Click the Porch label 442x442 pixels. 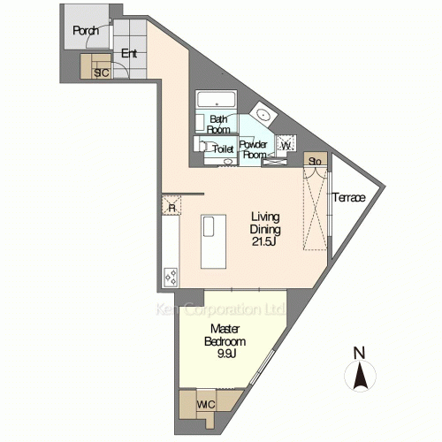click(86, 30)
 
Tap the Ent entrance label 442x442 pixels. click(129, 53)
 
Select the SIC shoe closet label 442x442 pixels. click(102, 72)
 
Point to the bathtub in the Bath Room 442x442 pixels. click(217, 99)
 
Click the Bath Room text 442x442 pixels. click(218, 125)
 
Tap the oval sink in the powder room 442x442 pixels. click(263, 114)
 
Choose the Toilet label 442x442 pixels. click(223, 149)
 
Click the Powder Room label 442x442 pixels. click(254, 149)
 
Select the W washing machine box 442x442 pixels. click(286, 145)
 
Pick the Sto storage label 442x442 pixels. click(315, 162)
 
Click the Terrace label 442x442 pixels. click(349, 197)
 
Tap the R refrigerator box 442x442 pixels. click(171, 205)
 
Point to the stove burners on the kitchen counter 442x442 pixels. click(171, 277)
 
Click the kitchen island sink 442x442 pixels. click(209, 226)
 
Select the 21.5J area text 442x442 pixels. click(264, 241)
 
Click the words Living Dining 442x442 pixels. click(265, 223)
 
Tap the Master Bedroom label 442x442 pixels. click(225, 335)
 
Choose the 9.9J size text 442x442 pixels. click(226, 354)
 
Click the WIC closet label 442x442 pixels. click(206, 405)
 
